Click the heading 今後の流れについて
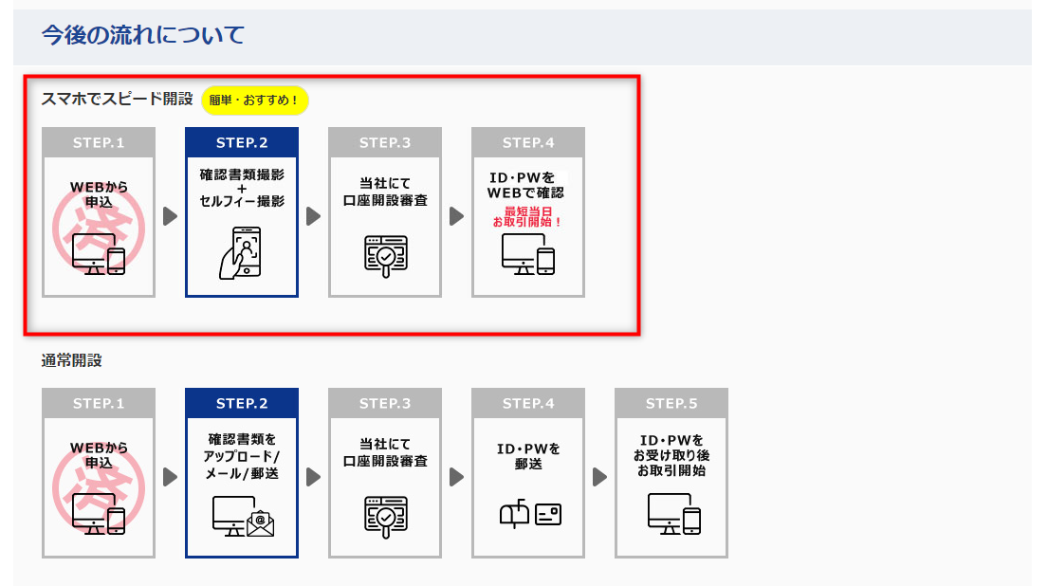tap(143, 36)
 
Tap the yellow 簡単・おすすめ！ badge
tap(254, 100)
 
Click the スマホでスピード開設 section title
tap(117, 99)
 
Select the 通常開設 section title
tap(71, 360)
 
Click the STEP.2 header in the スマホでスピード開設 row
tap(242, 143)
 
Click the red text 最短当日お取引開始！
tap(527, 216)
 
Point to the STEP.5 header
tap(671, 404)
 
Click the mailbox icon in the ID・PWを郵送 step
tap(514, 514)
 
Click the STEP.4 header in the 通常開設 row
tap(528, 404)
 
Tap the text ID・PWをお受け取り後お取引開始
tap(671, 455)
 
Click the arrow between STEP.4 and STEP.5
tap(598, 476)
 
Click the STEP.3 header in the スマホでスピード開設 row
tap(385, 143)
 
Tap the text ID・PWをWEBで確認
tap(526, 185)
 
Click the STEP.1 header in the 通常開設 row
tap(99, 404)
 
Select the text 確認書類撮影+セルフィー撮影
tap(242, 188)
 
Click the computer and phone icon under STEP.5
tap(673, 515)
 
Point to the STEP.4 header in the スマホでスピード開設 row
tap(528, 143)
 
